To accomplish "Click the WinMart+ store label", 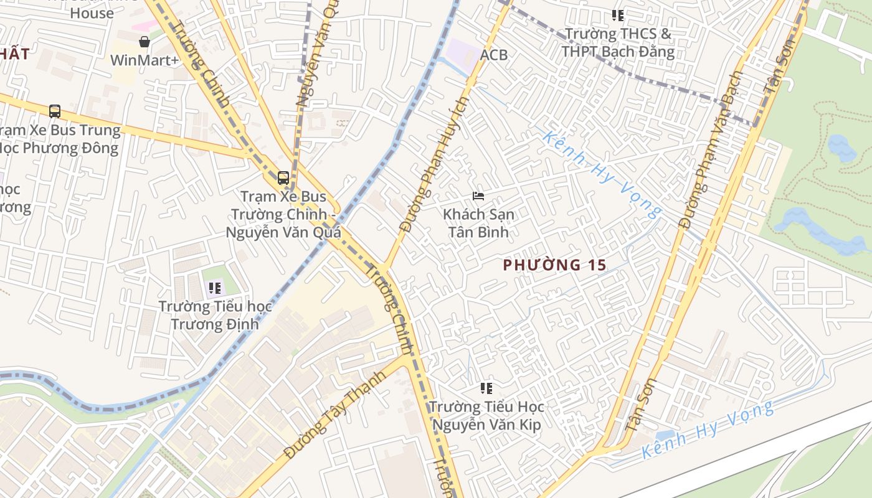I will [x=145, y=60].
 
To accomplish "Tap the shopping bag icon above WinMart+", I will [x=145, y=42].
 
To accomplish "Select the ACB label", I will [x=494, y=55].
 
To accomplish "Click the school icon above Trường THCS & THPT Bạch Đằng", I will [x=617, y=15].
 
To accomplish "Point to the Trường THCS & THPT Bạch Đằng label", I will [x=618, y=42].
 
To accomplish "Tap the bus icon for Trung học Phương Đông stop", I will [x=55, y=111].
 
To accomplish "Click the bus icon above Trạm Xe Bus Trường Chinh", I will [x=283, y=178].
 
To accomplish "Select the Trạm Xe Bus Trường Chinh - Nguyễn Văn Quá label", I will [x=283, y=215].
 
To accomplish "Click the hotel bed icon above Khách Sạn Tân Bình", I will [x=478, y=196].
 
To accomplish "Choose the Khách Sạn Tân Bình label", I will [x=478, y=223].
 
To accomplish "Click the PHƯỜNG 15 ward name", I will [x=554, y=265].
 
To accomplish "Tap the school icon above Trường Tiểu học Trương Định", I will [x=215, y=288].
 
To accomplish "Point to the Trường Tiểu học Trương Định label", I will [x=215, y=315].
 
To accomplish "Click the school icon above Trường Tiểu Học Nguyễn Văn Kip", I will [x=486, y=389].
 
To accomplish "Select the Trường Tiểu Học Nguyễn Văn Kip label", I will [x=486, y=416].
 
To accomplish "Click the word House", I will [x=92, y=12].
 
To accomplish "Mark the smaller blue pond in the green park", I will [x=842, y=148].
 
